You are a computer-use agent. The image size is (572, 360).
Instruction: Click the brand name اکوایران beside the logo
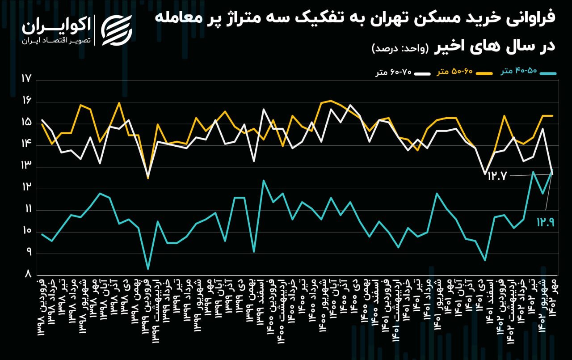(57, 26)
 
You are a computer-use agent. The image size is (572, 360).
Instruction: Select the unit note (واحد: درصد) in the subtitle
(400, 48)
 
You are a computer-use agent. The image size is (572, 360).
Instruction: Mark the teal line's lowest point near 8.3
(148, 269)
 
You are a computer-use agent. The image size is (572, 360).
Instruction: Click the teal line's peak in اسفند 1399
(264, 180)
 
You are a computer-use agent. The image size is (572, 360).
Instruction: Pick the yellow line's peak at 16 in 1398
(119, 103)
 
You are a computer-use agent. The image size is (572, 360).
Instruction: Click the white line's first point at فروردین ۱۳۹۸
(42, 120)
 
